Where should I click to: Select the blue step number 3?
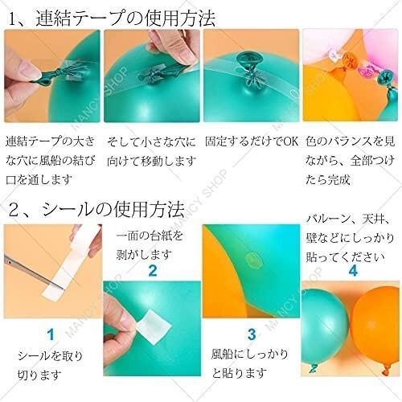coord(251,334)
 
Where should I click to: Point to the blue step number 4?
coord(351,270)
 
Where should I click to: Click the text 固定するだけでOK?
coord(251,141)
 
